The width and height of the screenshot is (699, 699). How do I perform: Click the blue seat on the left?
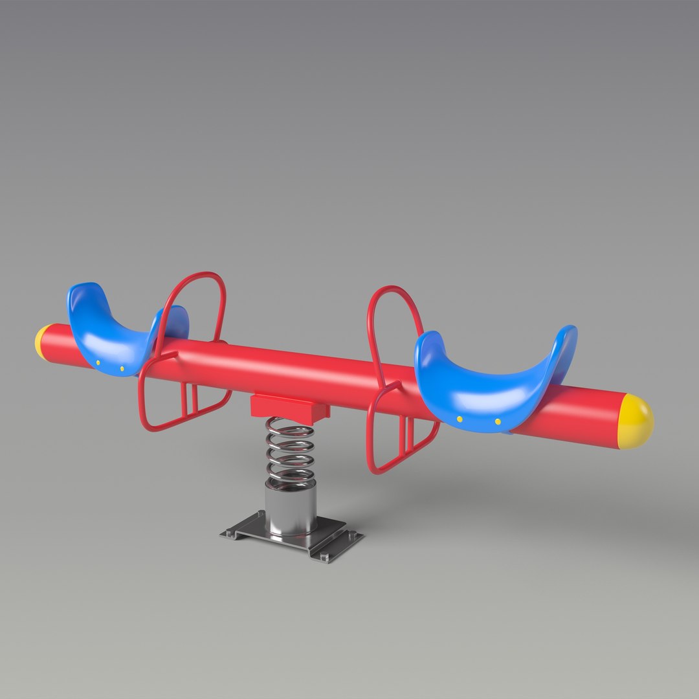[110, 337]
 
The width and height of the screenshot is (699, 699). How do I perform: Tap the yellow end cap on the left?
[42, 342]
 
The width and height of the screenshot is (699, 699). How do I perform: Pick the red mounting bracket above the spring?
[289, 406]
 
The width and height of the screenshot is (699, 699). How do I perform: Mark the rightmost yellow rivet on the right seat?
[498, 422]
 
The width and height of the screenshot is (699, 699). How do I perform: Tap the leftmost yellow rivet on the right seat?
[460, 419]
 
